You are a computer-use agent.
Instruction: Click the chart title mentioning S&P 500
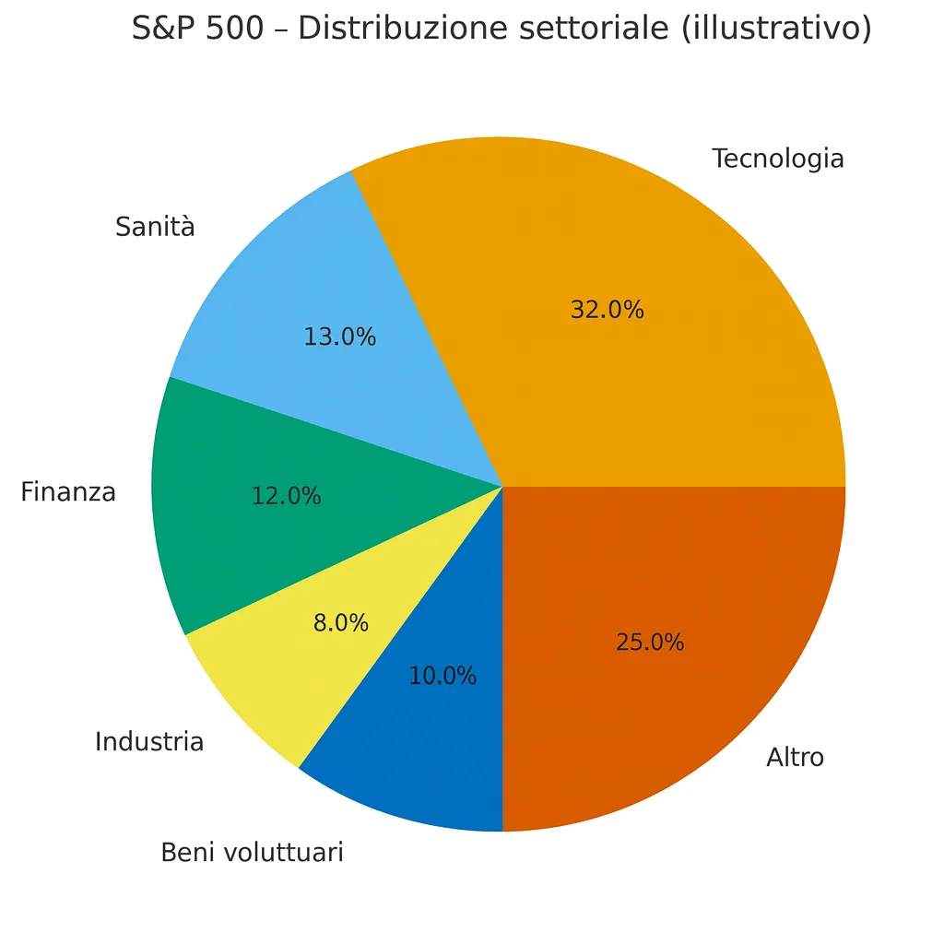[501, 29]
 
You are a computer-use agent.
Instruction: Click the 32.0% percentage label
[607, 310]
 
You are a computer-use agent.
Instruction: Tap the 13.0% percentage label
[339, 337]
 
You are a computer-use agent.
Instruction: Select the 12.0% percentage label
[286, 496]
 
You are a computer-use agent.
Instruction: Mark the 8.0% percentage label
[340, 623]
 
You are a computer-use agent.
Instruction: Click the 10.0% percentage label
[442, 676]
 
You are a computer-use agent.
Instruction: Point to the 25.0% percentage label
[650, 643]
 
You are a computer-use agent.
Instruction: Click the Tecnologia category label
[778, 159]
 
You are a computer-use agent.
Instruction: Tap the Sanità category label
[155, 226]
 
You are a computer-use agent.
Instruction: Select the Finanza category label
[68, 492]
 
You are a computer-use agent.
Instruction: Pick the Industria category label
[149, 741]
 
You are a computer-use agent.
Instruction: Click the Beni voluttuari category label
[252, 853]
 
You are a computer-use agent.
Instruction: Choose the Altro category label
[795, 758]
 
